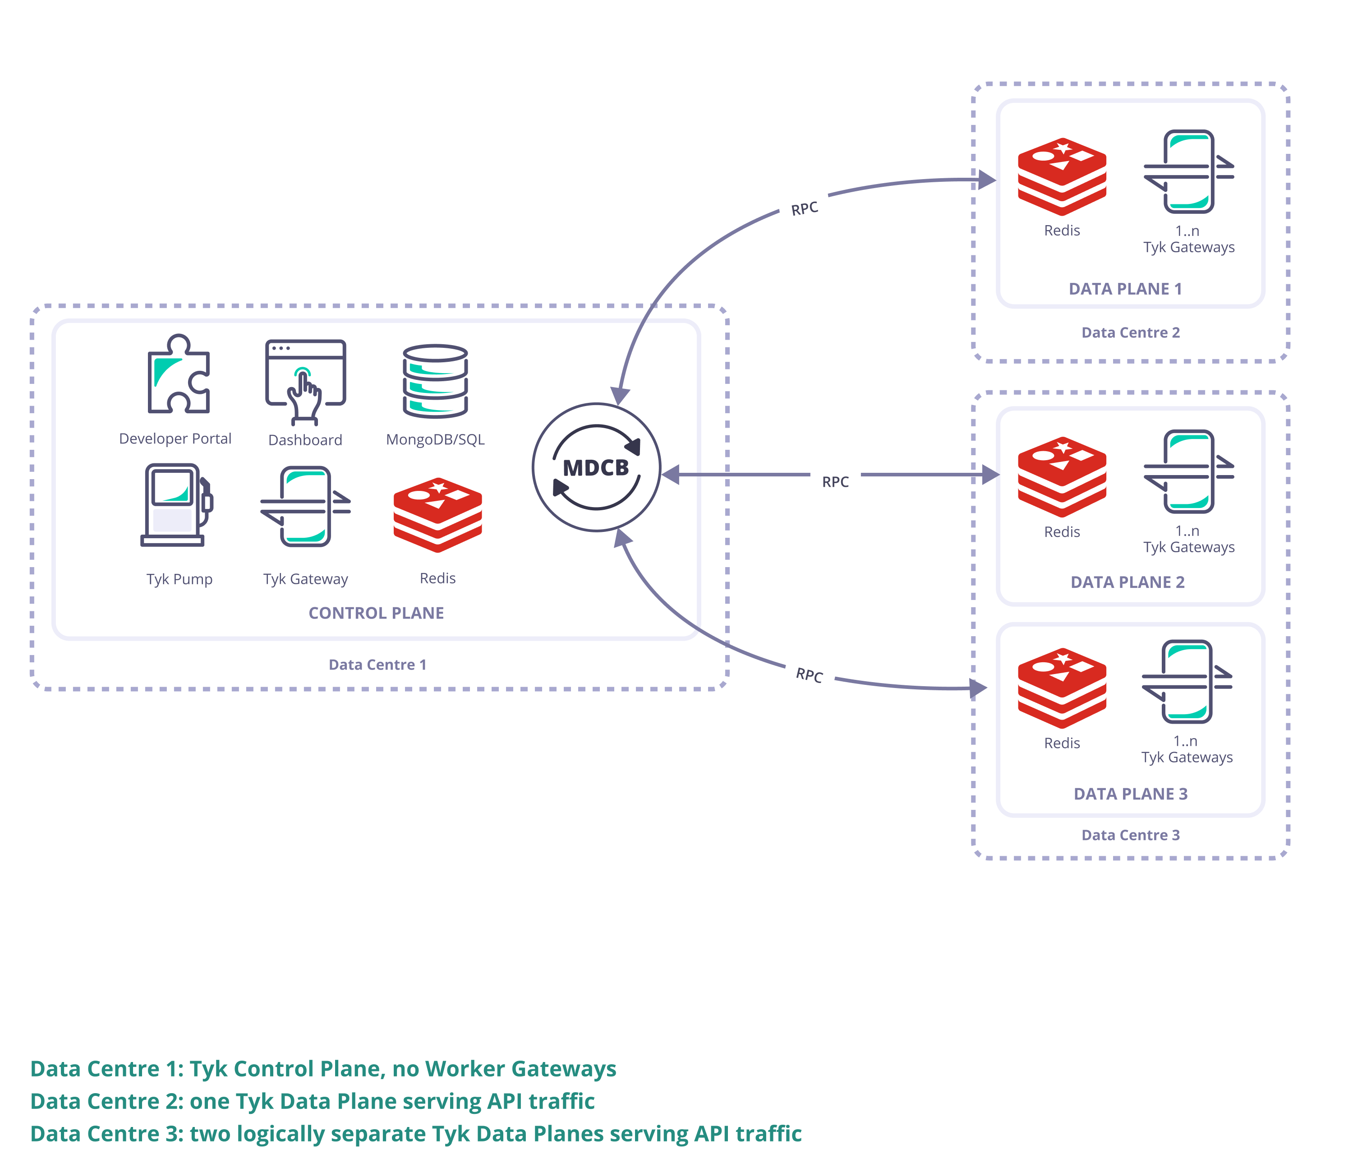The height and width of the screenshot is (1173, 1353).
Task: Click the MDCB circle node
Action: [596, 467]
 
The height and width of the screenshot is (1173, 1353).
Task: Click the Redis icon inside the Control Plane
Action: [438, 514]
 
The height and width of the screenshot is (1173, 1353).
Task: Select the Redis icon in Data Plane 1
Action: [1061, 176]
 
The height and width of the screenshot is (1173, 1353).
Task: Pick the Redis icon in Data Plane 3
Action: [1061, 688]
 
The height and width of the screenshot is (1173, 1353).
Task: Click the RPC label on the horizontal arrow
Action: [835, 482]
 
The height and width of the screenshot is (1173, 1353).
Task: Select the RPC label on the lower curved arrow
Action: [809, 675]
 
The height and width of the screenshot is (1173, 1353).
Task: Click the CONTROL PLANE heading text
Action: [376, 613]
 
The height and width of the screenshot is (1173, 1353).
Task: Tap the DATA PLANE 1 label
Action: [1125, 289]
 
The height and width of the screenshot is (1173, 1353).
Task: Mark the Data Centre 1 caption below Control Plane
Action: [377, 665]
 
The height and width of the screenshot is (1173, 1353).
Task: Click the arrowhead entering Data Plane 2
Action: [990, 475]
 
